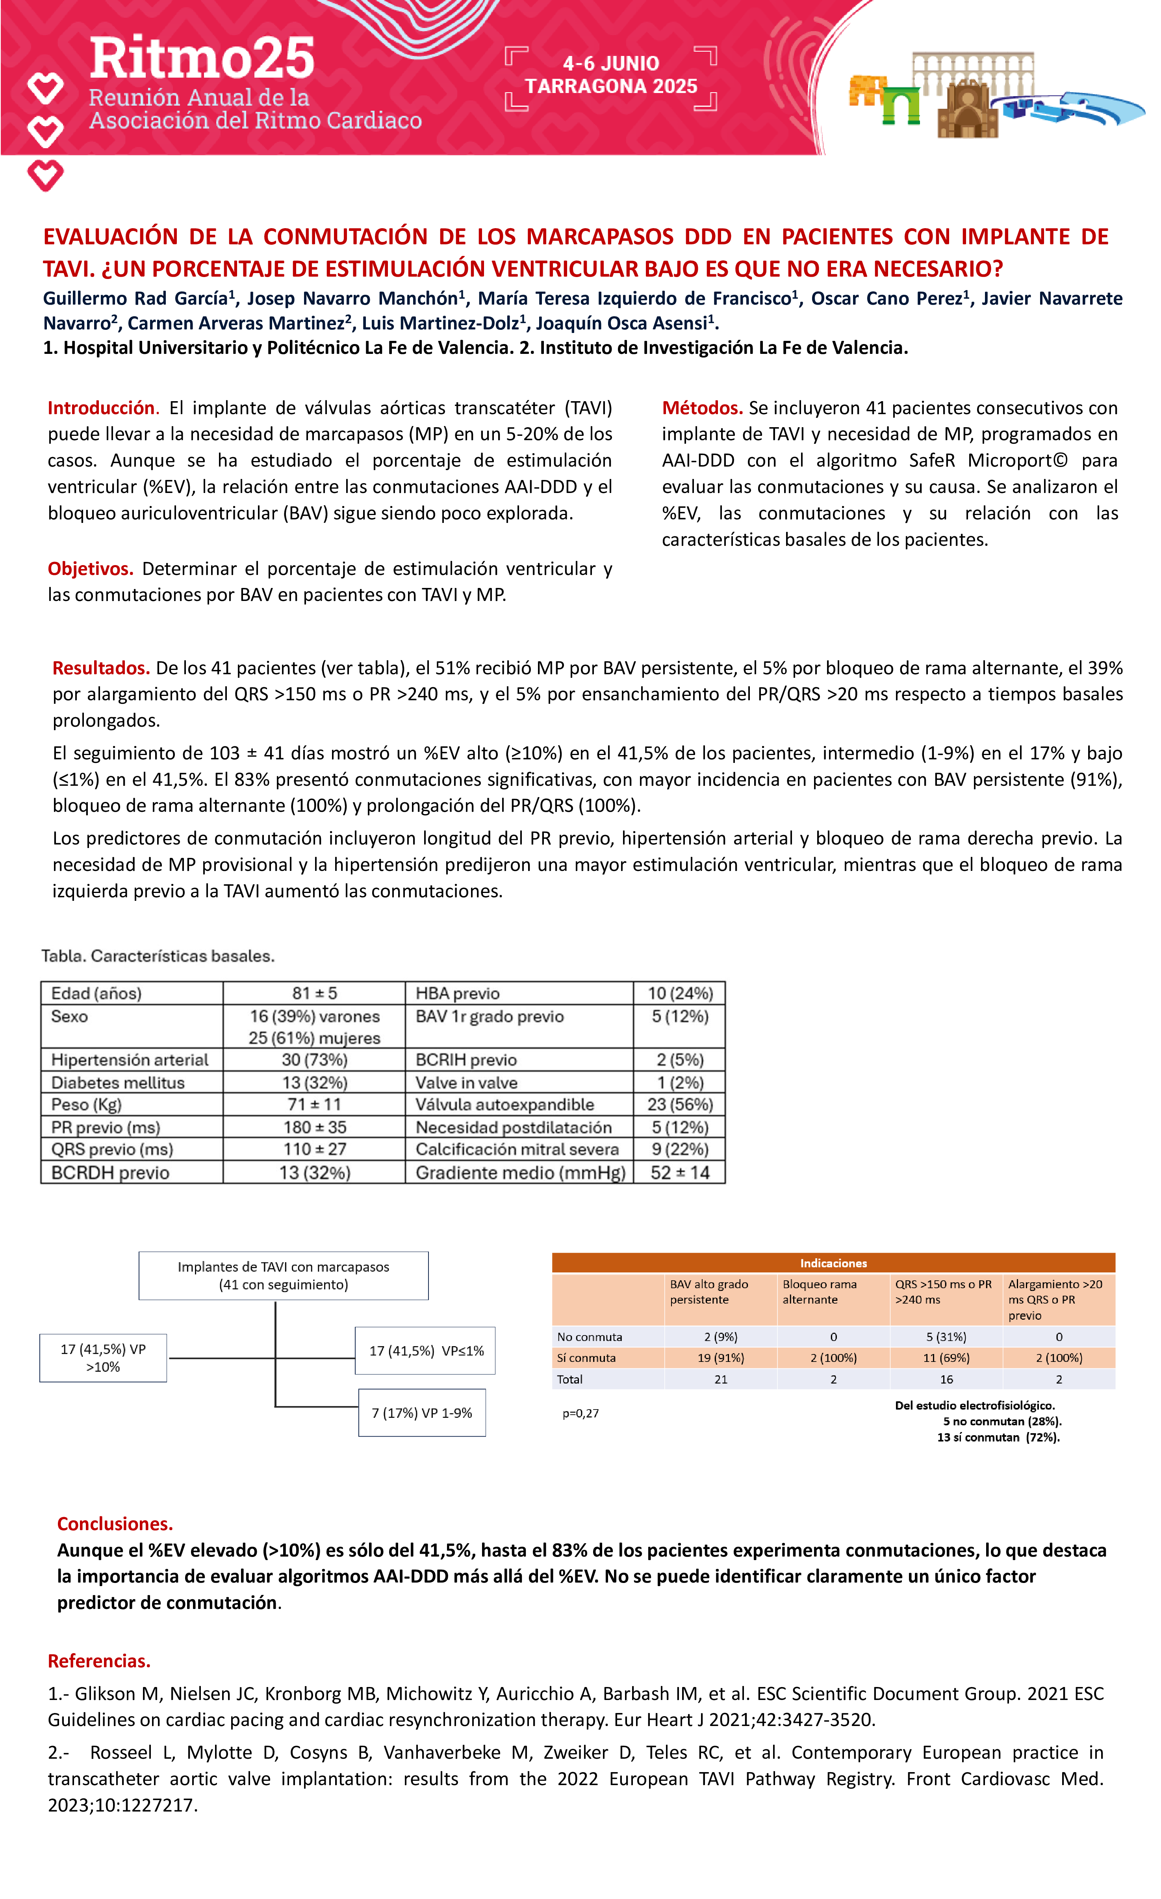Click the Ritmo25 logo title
point(202,59)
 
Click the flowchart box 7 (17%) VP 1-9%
point(422,1413)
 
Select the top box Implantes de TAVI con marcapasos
point(284,1276)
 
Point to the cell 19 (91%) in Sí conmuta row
point(720,1358)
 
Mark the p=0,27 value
point(580,1414)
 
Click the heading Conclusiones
point(115,1524)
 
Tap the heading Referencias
point(98,1661)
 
